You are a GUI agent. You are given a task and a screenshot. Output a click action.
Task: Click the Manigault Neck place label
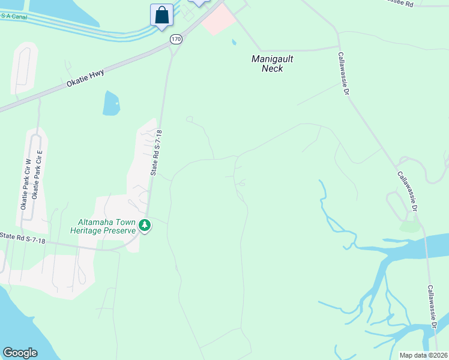click(x=268, y=64)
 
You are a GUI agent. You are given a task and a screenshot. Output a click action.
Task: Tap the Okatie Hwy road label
click(x=86, y=79)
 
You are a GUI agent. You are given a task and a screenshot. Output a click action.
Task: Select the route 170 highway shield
click(x=175, y=39)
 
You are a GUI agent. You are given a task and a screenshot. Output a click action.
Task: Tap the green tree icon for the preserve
click(x=145, y=226)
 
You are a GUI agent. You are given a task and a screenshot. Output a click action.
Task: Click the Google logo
click(x=20, y=353)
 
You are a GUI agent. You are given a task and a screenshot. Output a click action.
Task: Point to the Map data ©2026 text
click(x=424, y=355)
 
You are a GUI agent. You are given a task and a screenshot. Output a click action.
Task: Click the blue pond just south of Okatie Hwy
click(x=112, y=104)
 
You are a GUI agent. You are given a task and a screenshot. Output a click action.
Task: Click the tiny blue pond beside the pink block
click(x=234, y=43)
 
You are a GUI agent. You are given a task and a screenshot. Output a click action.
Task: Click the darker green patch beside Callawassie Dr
click(x=409, y=226)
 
